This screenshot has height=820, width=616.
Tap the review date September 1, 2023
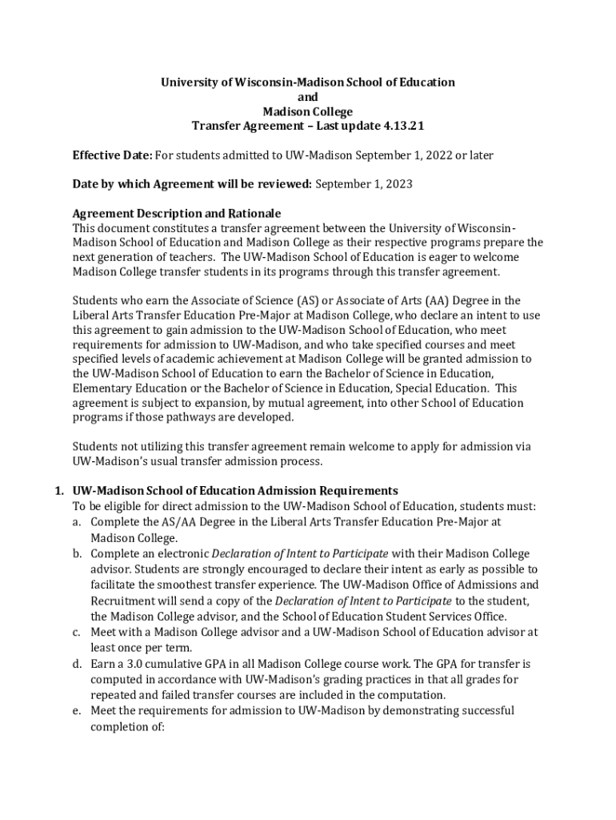coord(364,184)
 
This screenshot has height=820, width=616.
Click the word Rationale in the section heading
coord(254,214)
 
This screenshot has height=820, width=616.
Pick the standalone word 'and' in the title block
coord(307,97)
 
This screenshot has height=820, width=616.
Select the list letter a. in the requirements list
coord(78,521)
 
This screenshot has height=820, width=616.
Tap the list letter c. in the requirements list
coord(78,632)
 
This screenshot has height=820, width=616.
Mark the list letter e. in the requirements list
coord(78,710)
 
